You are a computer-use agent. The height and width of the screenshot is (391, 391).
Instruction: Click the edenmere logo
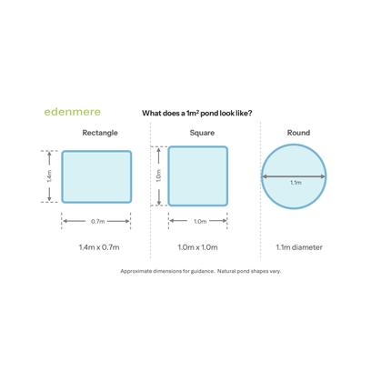point(73,112)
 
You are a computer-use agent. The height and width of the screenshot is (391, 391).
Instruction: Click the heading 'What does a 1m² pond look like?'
point(197,114)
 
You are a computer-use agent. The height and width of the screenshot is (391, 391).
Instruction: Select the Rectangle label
point(100,133)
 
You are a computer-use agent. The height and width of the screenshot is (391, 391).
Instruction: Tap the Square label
point(202,133)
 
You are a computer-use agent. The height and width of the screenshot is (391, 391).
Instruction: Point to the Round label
point(298,133)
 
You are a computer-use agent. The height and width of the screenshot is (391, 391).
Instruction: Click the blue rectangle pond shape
point(96,176)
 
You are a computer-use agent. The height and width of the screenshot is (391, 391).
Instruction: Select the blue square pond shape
point(198,176)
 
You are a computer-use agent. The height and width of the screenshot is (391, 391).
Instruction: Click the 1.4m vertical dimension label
point(49,176)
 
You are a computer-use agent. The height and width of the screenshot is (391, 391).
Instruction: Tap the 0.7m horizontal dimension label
point(98,222)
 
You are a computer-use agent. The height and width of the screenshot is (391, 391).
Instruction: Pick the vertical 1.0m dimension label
point(158,175)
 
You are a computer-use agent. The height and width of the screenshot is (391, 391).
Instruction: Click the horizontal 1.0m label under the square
point(200,222)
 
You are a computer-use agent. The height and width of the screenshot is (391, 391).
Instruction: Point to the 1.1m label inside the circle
point(296,183)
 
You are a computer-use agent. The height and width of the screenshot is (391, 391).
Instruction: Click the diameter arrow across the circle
point(294,176)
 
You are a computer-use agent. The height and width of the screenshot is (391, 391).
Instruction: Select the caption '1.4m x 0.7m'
point(99,247)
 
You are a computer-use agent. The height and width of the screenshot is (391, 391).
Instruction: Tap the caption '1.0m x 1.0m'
point(197,247)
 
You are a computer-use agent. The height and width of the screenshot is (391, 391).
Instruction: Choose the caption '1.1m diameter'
point(299,247)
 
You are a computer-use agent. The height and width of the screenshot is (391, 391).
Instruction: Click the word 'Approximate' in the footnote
point(136,271)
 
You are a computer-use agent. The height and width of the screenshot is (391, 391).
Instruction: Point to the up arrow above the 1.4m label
point(49,158)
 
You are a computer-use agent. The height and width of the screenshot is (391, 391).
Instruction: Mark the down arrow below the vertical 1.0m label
point(158,197)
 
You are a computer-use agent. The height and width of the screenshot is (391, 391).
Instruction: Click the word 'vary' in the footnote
point(276,271)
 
